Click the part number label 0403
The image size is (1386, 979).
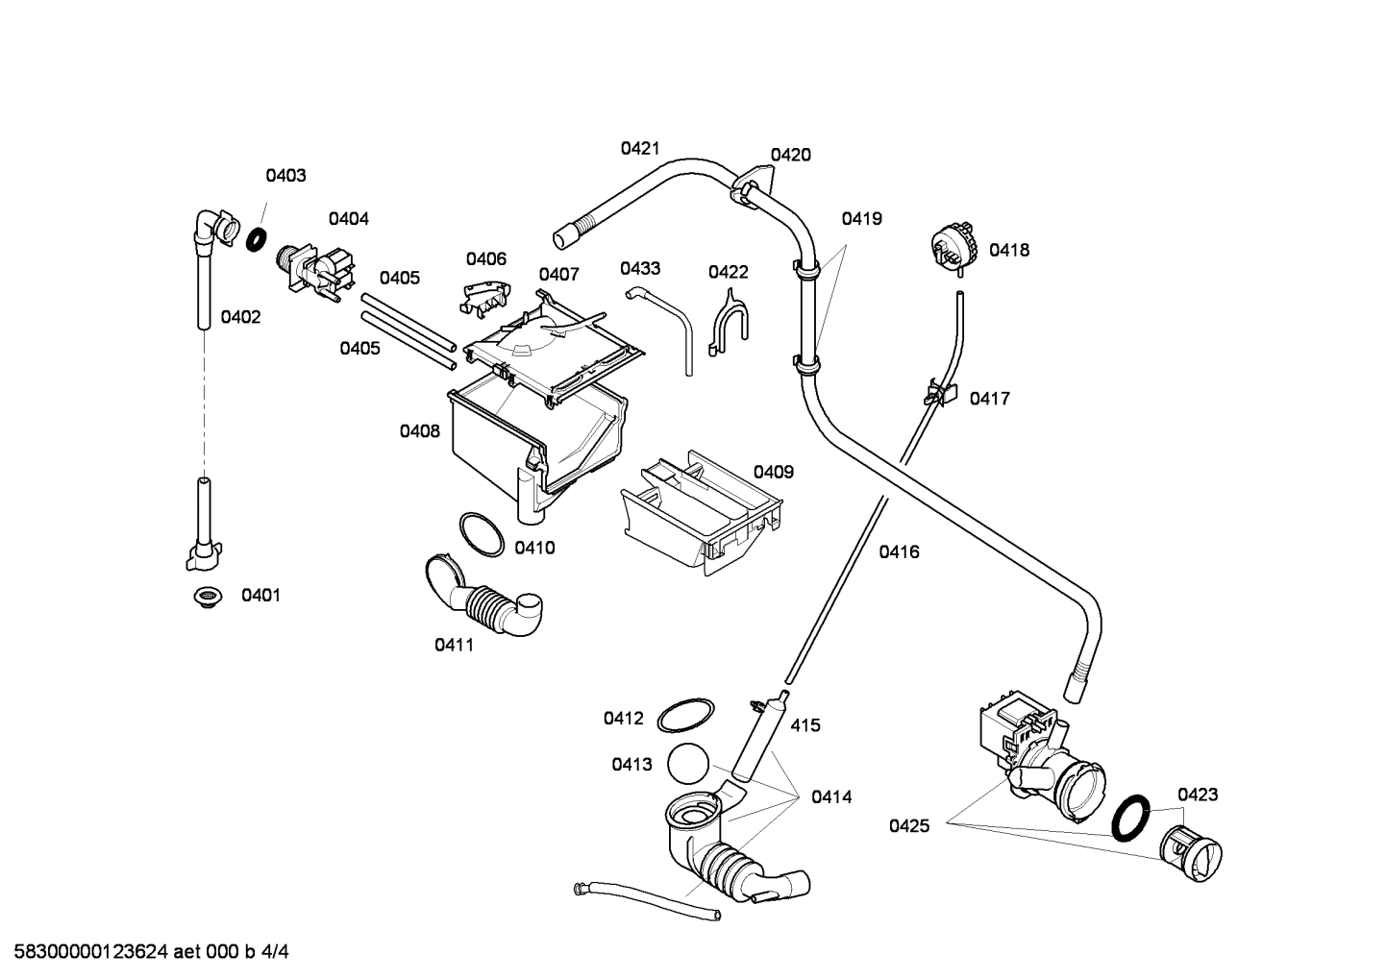(285, 175)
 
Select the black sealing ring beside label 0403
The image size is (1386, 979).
(256, 239)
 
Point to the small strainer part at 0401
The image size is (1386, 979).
(205, 597)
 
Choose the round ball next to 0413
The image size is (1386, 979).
(685, 764)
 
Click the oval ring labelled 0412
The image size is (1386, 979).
(685, 717)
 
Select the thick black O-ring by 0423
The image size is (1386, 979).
(1131, 818)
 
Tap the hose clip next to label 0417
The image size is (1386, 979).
(940, 392)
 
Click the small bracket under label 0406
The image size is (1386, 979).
(485, 297)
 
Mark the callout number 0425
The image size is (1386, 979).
(908, 825)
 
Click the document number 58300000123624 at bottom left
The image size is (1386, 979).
(87, 952)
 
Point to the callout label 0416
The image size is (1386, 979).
(899, 551)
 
